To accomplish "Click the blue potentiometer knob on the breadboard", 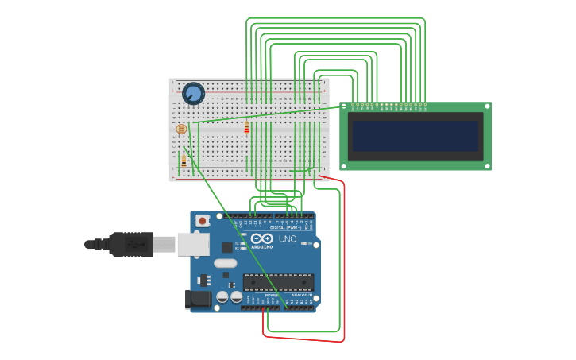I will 193,94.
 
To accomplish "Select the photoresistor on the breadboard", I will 181,129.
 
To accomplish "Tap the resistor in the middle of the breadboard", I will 246,127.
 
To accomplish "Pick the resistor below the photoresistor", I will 184,161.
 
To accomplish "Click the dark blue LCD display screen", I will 416,136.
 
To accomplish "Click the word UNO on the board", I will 287,238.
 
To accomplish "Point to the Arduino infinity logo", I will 261,238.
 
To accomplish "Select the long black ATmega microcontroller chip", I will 278,281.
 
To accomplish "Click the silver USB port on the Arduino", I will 193,244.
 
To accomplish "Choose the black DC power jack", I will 199,299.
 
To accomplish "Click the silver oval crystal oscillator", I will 225,263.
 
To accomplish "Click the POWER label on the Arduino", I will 261,295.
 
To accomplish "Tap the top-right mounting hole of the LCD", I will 487,106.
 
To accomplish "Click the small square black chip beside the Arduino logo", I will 227,247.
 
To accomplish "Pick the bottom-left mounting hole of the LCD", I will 344,165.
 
